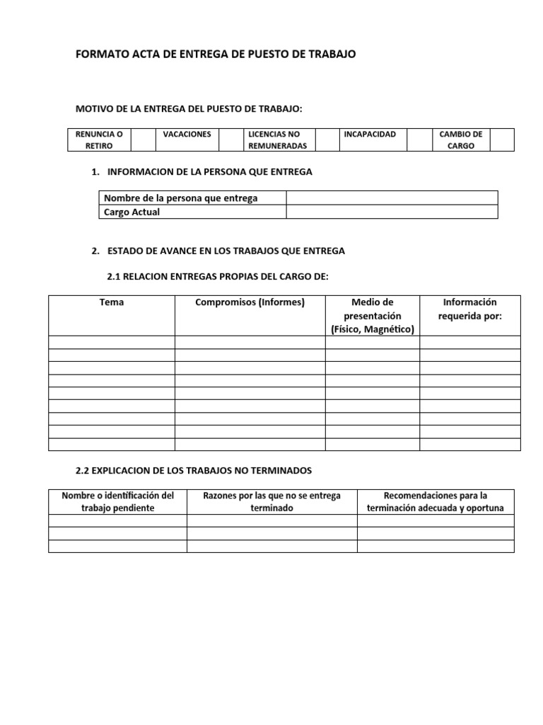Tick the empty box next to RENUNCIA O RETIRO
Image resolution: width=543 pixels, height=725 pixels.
tap(144, 139)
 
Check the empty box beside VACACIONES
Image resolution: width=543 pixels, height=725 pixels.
tap(230, 139)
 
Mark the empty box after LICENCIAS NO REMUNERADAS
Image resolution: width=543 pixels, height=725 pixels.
tap(326, 139)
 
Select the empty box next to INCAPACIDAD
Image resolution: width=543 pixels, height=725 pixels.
tap(419, 139)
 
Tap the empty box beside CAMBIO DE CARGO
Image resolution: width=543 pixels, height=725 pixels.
tap(502, 139)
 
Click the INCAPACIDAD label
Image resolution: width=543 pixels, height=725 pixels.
tap(370, 134)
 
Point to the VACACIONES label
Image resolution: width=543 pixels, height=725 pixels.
tap(187, 134)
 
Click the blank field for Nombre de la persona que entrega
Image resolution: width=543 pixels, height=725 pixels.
tap(392, 198)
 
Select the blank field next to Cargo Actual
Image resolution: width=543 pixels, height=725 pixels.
tap(392, 212)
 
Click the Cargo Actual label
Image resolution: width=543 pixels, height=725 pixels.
tap(132, 212)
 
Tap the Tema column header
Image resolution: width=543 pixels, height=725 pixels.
tap(112, 302)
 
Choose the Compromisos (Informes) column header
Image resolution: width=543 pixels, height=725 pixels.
tap(250, 302)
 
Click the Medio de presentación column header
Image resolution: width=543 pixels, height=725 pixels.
tap(372, 315)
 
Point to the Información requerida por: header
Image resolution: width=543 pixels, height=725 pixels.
tap(469, 309)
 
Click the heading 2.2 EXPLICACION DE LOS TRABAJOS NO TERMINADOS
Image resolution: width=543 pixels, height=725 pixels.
tap(193, 470)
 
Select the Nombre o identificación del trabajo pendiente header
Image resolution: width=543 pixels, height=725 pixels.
tap(117, 501)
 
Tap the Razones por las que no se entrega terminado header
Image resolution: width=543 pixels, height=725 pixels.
tap(271, 501)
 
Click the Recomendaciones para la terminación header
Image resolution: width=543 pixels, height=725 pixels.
tap(436, 501)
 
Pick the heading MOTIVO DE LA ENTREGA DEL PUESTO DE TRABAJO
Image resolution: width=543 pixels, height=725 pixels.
tap(189, 108)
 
